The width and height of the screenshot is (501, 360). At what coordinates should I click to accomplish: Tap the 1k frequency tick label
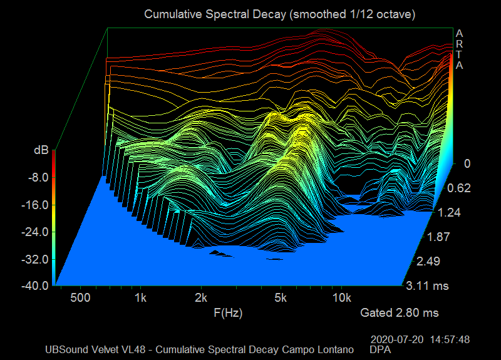coord(140,297)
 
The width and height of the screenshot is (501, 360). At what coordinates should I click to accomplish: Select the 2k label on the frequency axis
coord(201,297)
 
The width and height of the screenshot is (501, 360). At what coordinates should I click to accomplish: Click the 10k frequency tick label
coord(342,297)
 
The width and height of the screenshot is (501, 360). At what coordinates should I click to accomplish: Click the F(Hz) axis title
coord(227,312)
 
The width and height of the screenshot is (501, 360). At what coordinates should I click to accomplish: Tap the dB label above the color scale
coord(41,150)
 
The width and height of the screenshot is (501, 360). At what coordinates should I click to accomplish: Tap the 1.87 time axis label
coord(438,237)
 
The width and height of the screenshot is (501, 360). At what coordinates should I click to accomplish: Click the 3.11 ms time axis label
coord(428,286)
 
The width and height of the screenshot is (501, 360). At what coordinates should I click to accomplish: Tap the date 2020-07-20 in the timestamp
coord(397,339)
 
